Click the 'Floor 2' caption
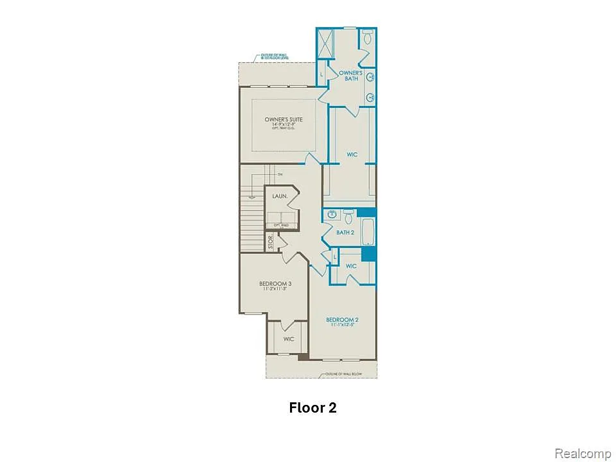[x=312, y=407]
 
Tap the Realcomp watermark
[x=582, y=454]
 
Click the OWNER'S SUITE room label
[x=283, y=120]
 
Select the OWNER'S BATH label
[x=350, y=76]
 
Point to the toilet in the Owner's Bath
[x=368, y=37]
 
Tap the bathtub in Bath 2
[x=368, y=232]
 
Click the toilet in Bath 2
[x=348, y=215]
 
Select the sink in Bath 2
[x=331, y=215]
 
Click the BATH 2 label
[x=345, y=232]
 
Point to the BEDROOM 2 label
[x=341, y=320]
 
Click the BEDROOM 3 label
[x=275, y=284]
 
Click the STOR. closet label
[x=271, y=243]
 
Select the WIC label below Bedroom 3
[x=288, y=339]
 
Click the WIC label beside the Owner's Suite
[x=352, y=155]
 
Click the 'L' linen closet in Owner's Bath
[x=322, y=75]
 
